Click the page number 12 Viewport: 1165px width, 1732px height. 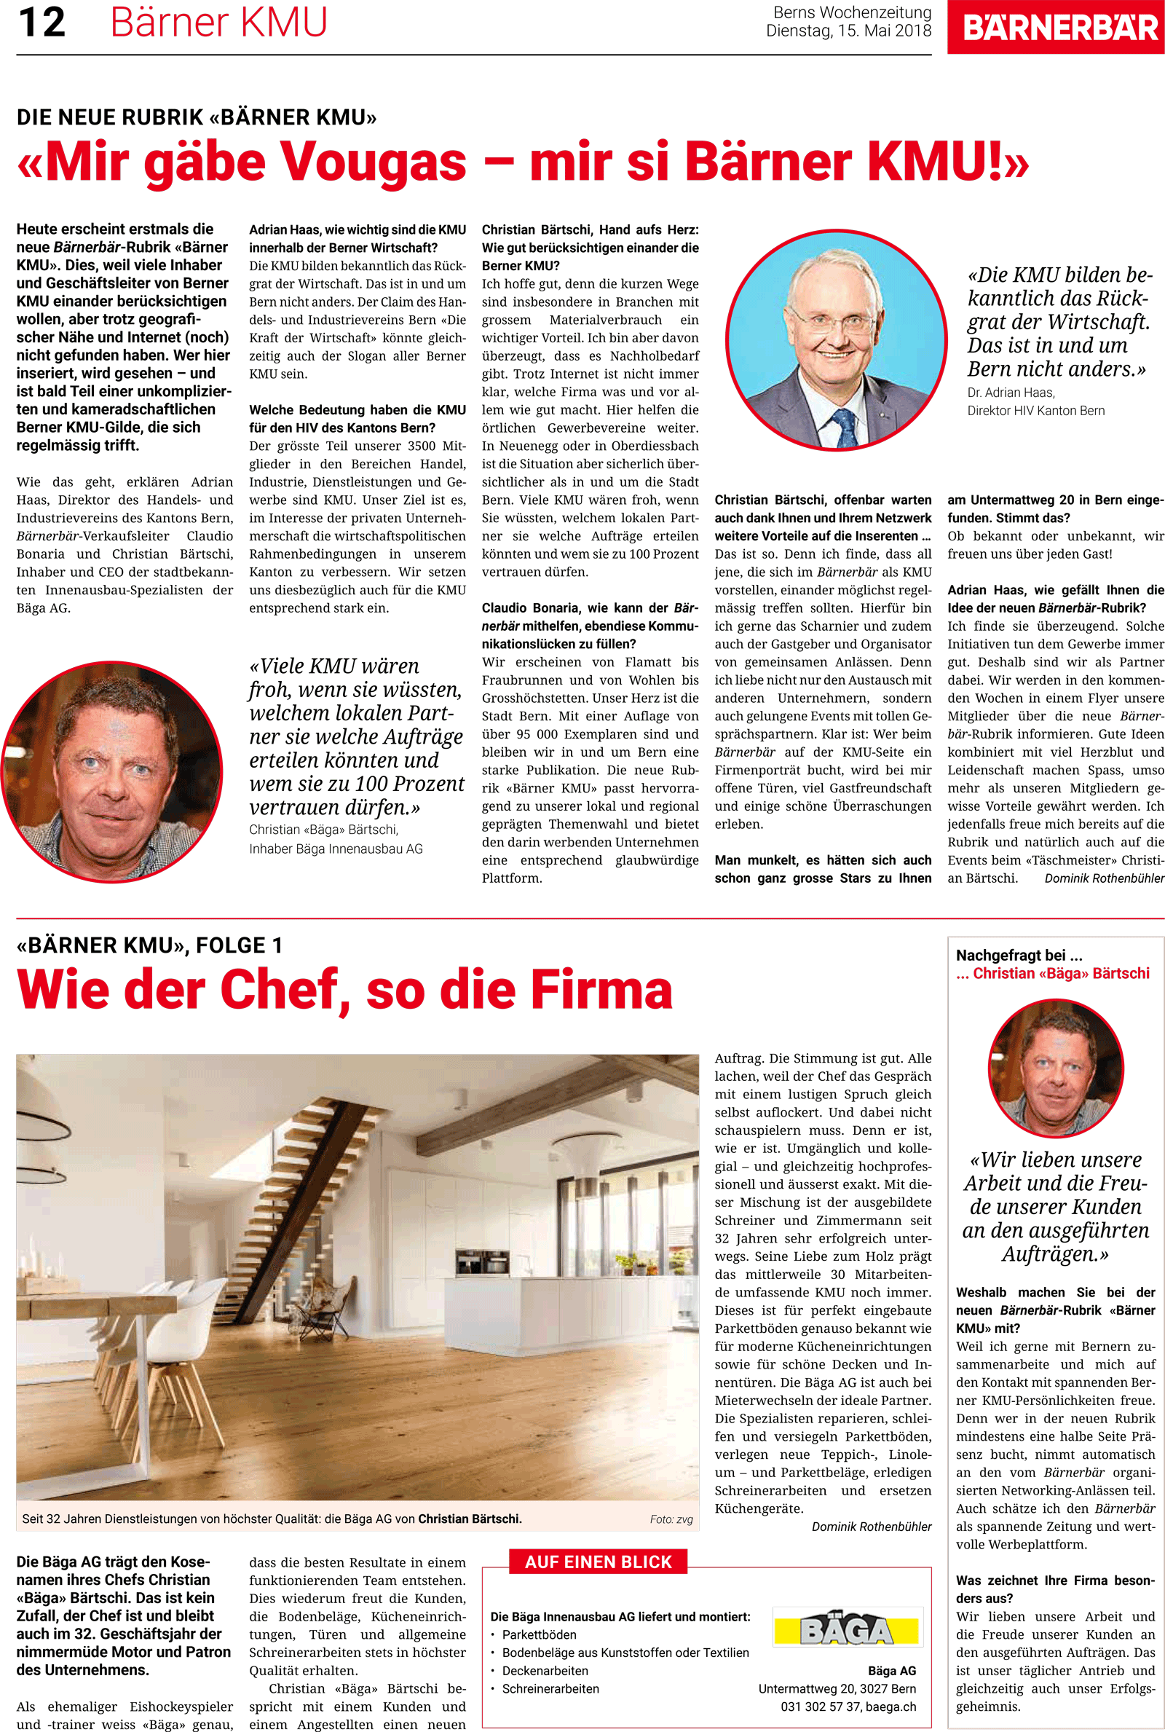(x=42, y=23)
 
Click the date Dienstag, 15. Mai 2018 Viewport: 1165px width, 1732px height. (x=848, y=31)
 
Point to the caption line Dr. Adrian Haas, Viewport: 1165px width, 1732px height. (x=1011, y=393)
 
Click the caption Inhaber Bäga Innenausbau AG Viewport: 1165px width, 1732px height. (x=336, y=849)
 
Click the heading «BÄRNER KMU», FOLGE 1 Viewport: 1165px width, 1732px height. (x=149, y=945)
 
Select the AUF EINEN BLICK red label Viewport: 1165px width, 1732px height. (x=598, y=1561)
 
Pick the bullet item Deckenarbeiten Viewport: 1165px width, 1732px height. (x=545, y=1670)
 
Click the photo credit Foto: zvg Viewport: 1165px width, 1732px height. (x=671, y=1519)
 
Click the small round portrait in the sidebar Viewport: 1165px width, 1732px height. (x=1055, y=1068)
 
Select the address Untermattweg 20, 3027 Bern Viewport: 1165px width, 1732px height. (x=837, y=1688)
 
